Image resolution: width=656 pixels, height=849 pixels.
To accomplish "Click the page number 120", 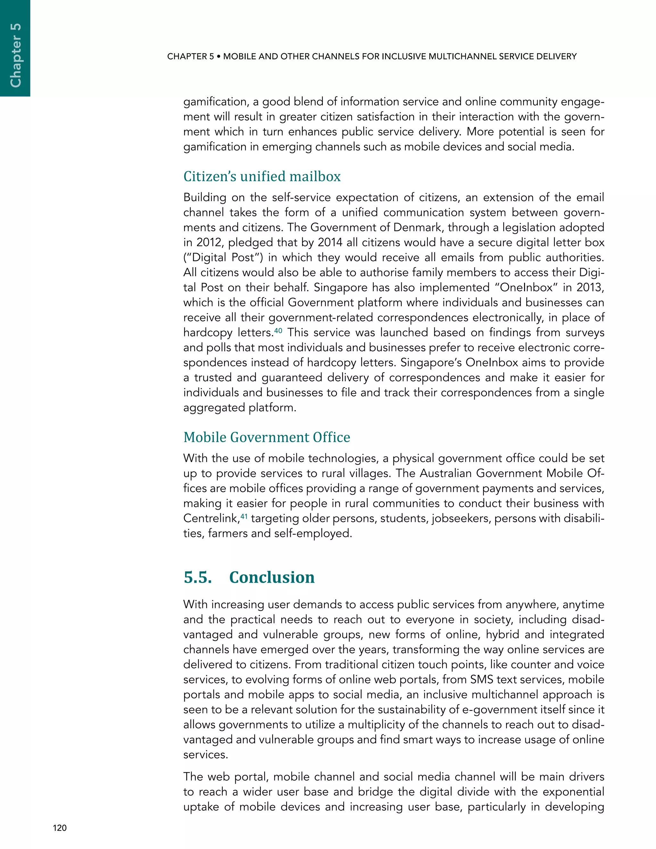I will tap(60, 828).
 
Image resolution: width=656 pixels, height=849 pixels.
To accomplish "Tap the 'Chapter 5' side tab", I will tap(15, 55).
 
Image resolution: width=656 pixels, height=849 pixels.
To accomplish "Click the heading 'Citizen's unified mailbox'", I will tap(262, 177).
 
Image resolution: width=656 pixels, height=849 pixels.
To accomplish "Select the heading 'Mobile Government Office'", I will tap(266, 437).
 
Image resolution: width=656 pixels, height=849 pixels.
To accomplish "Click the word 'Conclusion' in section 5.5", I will tap(272, 577).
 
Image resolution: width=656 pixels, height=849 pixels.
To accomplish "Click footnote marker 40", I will tap(278, 330).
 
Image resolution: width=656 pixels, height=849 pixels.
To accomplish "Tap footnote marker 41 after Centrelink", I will tap(244, 516).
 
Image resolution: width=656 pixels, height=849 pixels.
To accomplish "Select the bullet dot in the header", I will tap(219, 57).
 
